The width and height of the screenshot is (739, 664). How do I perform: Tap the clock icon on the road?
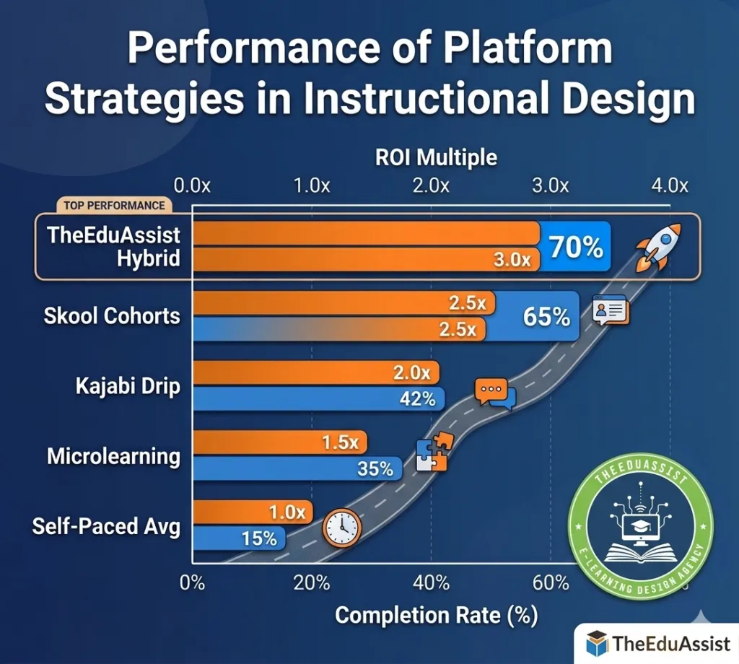click(341, 528)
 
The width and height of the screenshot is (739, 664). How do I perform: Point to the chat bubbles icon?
click(495, 393)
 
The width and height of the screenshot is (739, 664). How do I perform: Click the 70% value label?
click(576, 247)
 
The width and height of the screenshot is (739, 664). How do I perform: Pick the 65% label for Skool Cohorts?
click(547, 316)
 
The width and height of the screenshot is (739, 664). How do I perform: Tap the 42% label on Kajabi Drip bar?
click(417, 399)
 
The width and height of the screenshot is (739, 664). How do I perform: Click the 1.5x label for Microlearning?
click(341, 442)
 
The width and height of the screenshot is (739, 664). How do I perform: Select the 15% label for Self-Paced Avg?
click(259, 538)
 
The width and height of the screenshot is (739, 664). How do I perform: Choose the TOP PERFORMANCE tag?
click(114, 206)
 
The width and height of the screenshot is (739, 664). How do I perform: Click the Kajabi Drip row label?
click(128, 386)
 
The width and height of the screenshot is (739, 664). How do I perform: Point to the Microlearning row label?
click(113, 457)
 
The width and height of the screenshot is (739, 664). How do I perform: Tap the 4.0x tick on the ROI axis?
click(670, 185)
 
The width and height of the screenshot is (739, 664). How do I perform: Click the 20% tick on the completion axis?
click(312, 583)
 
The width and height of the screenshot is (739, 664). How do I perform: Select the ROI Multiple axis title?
click(436, 157)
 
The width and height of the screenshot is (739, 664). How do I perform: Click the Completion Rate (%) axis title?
click(436, 616)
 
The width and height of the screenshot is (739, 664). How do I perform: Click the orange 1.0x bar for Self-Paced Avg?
click(253, 512)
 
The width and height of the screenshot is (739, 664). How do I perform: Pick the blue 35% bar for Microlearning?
click(298, 468)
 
